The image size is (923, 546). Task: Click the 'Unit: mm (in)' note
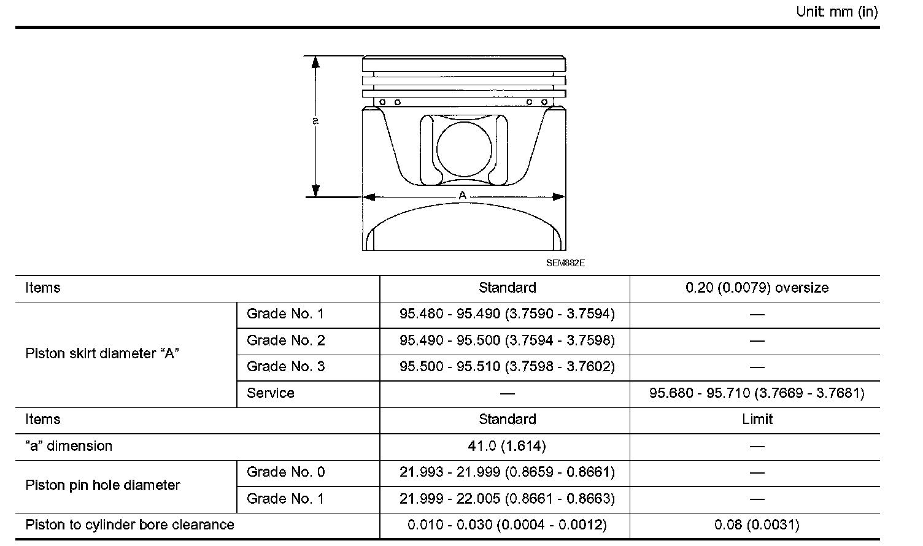pyautogui.click(x=836, y=12)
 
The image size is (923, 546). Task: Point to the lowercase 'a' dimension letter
pyautogui.click(x=315, y=121)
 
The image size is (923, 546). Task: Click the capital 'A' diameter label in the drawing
pyautogui.click(x=462, y=195)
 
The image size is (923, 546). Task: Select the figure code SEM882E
pyautogui.click(x=565, y=263)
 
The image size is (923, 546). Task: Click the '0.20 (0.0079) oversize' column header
pyautogui.click(x=757, y=288)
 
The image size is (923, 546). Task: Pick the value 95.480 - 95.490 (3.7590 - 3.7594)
pyautogui.click(x=508, y=314)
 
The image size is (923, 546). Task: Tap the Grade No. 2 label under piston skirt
pyautogui.click(x=286, y=340)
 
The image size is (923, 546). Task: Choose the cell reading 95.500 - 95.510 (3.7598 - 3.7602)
pyautogui.click(x=508, y=366)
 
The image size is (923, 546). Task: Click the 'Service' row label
pyautogui.click(x=271, y=393)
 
